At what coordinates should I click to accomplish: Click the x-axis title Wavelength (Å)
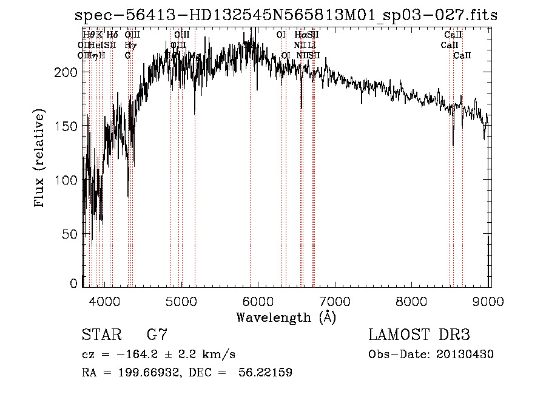click(286, 317)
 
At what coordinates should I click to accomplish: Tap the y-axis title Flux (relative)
click(40, 159)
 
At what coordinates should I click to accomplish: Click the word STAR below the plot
click(98, 335)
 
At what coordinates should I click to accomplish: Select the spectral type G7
click(157, 335)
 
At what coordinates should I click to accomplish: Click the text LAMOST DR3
click(419, 335)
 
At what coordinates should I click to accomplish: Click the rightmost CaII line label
click(462, 56)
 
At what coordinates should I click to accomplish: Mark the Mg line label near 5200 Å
click(195, 56)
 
